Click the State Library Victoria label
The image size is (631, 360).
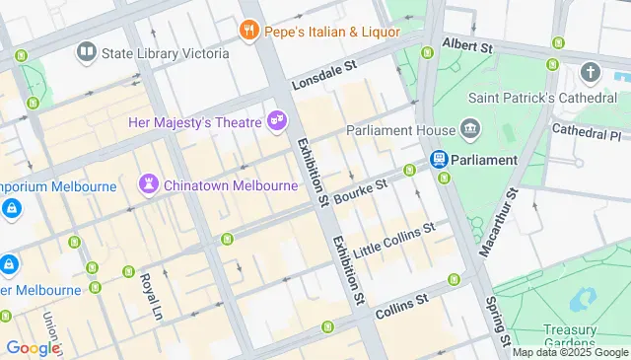click(x=166, y=52)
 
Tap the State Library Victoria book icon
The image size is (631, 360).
click(x=87, y=51)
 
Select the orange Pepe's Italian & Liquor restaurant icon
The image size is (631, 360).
click(x=249, y=32)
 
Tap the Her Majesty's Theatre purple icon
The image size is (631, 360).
click(x=278, y=121)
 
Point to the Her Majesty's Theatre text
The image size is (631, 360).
click(x=195, y=122)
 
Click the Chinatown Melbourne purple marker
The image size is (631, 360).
click(x=149, y=184)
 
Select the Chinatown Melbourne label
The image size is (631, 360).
click(x=231, y=184)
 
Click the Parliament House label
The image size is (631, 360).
click(x=399, y=130)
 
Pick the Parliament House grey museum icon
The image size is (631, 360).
click(x=470, y=130)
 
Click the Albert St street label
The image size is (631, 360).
click(x=466, y=45)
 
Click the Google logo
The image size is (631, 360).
click(x=32, y=347)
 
